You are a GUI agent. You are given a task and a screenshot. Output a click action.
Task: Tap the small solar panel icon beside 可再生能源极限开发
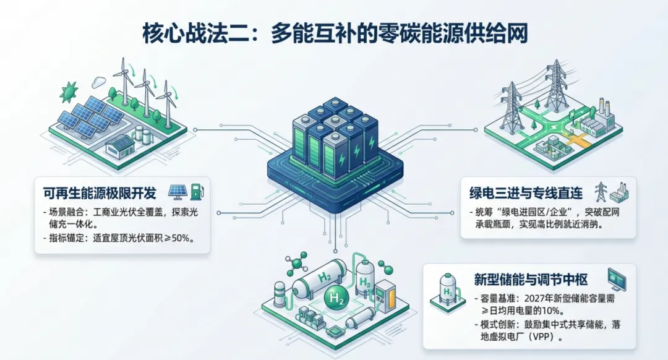(x=178, y=192)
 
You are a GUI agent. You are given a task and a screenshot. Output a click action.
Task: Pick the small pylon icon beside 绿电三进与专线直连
(x=599, y=192)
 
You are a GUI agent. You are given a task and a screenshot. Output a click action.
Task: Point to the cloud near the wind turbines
(x=99, y=81)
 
